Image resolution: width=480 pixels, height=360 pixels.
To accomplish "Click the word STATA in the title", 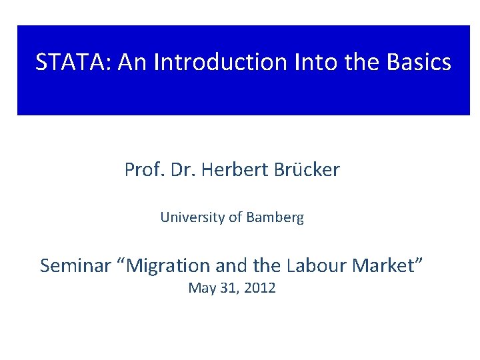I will pos(73,63).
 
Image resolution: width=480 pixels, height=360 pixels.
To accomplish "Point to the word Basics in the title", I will pos(417,63).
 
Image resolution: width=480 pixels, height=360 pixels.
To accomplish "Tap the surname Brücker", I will pos(307,170).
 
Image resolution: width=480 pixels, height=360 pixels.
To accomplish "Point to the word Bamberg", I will pos(274,217).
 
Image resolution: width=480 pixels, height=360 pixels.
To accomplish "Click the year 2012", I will pos(259,289).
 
